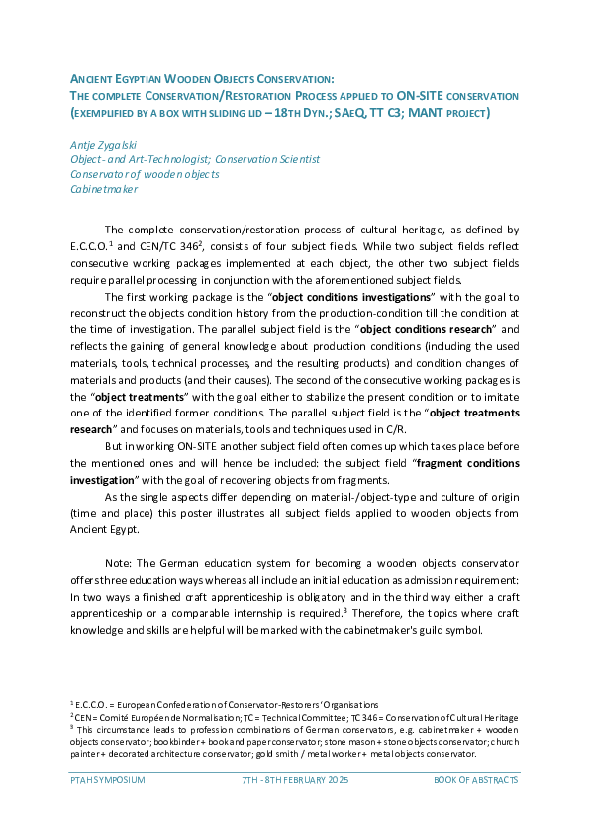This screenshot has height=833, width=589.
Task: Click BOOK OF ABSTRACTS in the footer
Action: pos(475,780)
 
